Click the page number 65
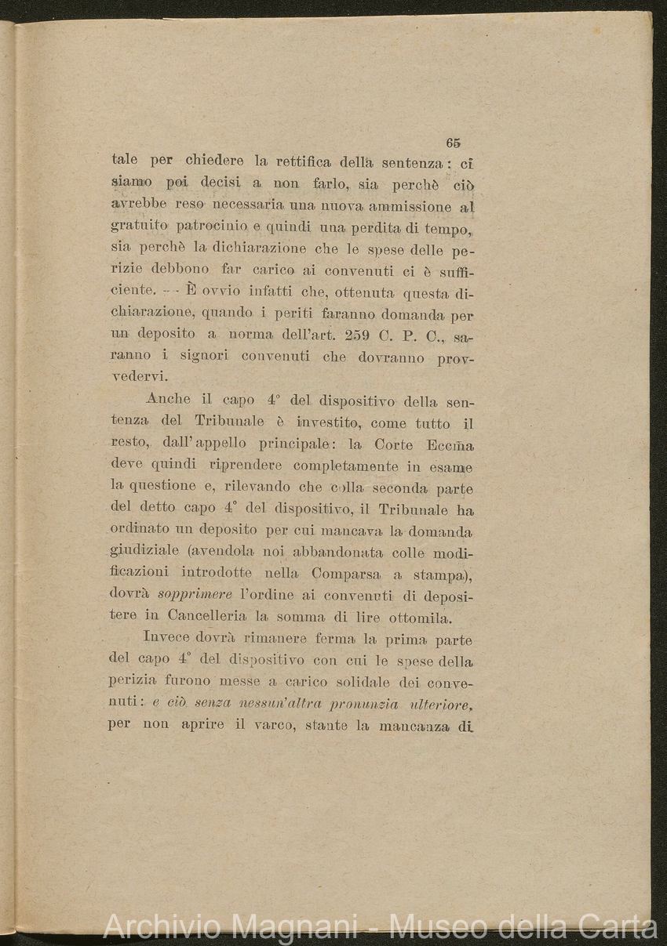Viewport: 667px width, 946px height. [453, 143]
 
